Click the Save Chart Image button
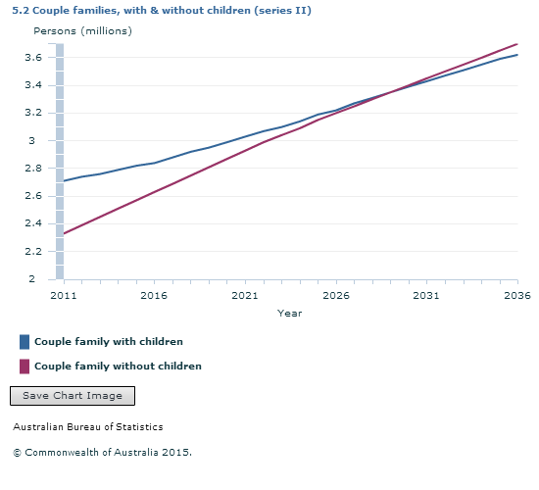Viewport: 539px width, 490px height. tap(72, 396)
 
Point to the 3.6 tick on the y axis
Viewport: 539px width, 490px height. tap(41, 58)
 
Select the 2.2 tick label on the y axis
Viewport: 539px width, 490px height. tap(41, 252)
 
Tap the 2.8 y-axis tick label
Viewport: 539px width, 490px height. tap(41, 169)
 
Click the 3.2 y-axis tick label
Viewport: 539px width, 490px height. tap(41, 113)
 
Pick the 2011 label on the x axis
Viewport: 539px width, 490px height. tap(63, 295)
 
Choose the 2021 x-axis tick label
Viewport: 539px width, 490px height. tap(245, 295)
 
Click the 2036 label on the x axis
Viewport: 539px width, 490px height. tap(516, 295)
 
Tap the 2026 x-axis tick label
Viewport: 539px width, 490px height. tap(335, 295)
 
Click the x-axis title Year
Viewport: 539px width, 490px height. tap(289, 314)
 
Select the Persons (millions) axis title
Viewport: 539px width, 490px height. tap(82, 30)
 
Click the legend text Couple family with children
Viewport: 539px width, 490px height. tap(108, 342)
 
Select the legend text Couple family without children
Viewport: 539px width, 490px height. tap(118, 367)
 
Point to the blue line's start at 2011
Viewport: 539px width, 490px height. tap(64, 181)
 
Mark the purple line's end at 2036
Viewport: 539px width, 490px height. tap(516, 44)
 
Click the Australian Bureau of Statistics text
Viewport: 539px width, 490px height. tap(88, 427)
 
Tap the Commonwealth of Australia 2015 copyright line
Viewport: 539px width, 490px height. tap(102, 453)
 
